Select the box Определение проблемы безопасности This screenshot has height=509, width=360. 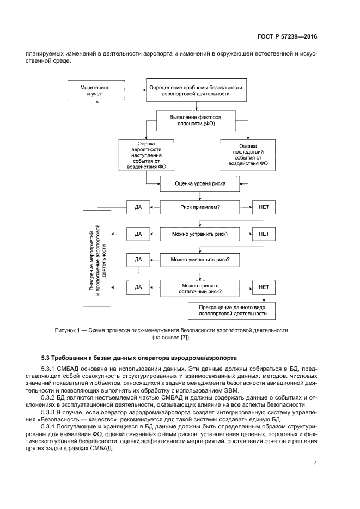coord(196,90)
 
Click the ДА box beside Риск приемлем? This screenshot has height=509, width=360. coord(138,207)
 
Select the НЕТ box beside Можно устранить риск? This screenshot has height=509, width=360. coord(264,234)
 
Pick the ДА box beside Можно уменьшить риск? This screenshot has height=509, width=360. coord(138,260)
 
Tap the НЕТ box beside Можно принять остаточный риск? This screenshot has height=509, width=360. coord(264,286)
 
